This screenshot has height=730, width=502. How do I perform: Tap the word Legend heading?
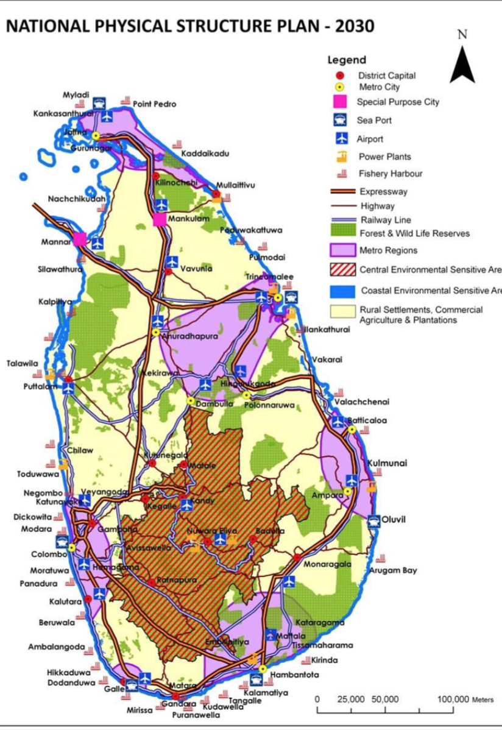[x=347, y=60]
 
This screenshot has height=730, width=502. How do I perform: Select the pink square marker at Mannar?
[x=80, y=239]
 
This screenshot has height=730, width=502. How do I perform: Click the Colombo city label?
[x=49, y=555]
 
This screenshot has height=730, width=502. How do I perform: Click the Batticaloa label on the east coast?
[x=367, y=420]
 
